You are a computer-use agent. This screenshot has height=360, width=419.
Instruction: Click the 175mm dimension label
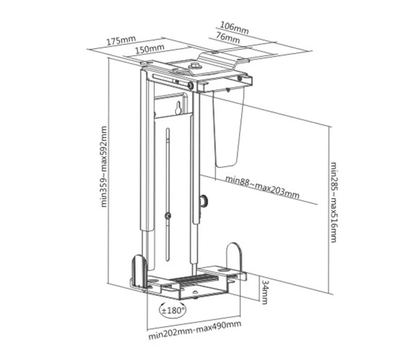click(121, 40)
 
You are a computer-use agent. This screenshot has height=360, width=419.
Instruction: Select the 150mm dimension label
click(149, 49)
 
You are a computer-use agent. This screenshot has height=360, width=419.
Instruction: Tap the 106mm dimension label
click(234, 28)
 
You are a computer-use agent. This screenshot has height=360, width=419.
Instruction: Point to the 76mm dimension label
click(227, 37)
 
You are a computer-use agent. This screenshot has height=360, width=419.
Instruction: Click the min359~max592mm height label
click(104, 166)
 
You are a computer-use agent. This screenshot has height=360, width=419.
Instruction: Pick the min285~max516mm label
click(333, 202)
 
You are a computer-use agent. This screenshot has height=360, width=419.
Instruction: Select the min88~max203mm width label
click(262, 187)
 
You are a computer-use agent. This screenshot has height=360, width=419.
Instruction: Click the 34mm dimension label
click(264, 292)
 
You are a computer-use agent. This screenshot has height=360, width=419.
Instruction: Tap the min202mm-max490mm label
click(195, 330)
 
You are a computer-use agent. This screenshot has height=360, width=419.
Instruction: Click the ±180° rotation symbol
click(172, 310)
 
